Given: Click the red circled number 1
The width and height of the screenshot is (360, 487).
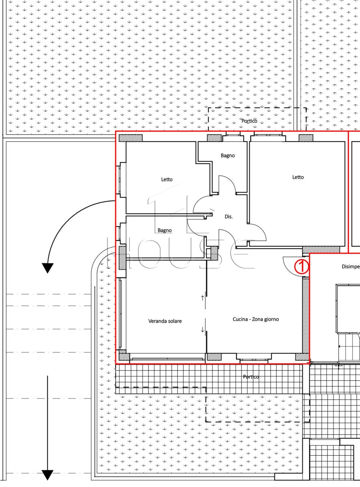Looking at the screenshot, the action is (x=302, y=266).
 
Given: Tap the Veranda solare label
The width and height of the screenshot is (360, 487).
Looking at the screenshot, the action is (x=165, y=321).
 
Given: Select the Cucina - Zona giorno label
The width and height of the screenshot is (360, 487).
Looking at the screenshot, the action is (x=256, y=319).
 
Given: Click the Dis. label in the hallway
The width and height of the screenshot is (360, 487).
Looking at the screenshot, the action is (x=229, y=217).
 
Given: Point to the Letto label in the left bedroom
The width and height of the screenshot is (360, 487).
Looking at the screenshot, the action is (x=167, y=179).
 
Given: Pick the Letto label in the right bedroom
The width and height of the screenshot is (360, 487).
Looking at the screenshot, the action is (x=298, y=177).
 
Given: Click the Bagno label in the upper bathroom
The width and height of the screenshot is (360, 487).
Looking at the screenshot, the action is (x=228, y=156).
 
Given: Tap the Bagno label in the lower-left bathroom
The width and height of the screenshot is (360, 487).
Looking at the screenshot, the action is (x=165, y=231).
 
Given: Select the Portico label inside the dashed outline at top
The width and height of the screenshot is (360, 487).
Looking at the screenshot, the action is (x=249, y=121).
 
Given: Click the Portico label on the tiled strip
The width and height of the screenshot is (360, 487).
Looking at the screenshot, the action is (x=250, y=377).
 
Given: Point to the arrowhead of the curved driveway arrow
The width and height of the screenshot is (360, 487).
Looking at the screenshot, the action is (x=47, y=268).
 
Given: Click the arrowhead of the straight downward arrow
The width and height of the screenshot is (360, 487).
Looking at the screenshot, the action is (x=47, y=475).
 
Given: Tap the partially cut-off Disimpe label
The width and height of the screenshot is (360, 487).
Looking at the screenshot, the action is (x=351, y=267).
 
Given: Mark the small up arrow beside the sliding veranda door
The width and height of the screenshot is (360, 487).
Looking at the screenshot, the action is (x=202, y=298).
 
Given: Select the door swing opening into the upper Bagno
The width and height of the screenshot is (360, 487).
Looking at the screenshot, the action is (x=230, y=180).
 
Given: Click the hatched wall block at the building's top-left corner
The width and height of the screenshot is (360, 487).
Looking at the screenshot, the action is (x=130, y=138).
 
